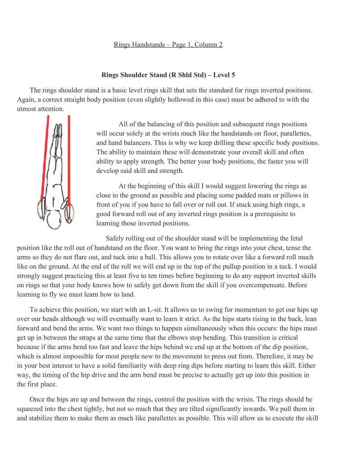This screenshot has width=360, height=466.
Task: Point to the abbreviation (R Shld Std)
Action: (x=184, y=75)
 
